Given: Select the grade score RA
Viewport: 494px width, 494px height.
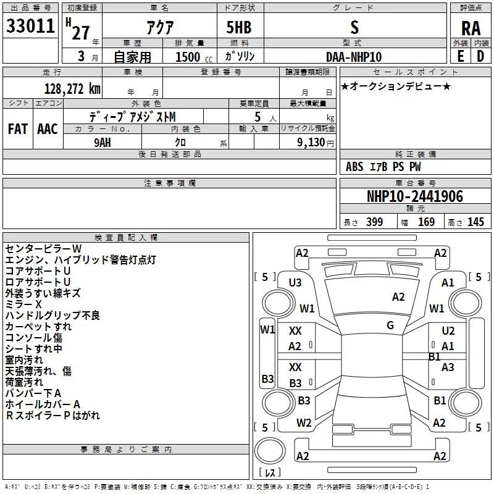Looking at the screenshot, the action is pos(471,28).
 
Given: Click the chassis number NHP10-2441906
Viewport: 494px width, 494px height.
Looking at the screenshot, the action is pos(414,197).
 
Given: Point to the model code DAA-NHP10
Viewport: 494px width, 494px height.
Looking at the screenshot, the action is pos(354,57).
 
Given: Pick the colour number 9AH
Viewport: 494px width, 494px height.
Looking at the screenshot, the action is pos(103,143).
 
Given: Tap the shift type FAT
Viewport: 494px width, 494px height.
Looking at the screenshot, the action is pos(17,129).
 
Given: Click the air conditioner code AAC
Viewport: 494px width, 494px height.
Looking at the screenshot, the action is pos(48,129).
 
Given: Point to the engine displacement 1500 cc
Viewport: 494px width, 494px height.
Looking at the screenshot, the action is pos(188,57).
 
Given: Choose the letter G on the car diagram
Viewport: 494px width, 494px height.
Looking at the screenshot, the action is pos(390,325).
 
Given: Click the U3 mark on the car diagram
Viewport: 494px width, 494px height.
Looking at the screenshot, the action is pos(295,283).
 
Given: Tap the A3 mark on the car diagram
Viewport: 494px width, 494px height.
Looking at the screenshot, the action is pos(448,367).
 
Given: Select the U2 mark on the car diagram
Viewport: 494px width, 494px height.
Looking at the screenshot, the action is pos(448,331).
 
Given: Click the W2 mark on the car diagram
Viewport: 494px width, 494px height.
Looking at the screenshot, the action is pos(304,423).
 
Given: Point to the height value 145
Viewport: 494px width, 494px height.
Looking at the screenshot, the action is pos(475,222).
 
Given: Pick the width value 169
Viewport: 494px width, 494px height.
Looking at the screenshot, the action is pos(427,222).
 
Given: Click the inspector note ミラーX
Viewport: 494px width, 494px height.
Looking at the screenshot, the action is pos(23,304).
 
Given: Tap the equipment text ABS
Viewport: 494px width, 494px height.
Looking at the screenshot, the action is pos(354,167).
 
